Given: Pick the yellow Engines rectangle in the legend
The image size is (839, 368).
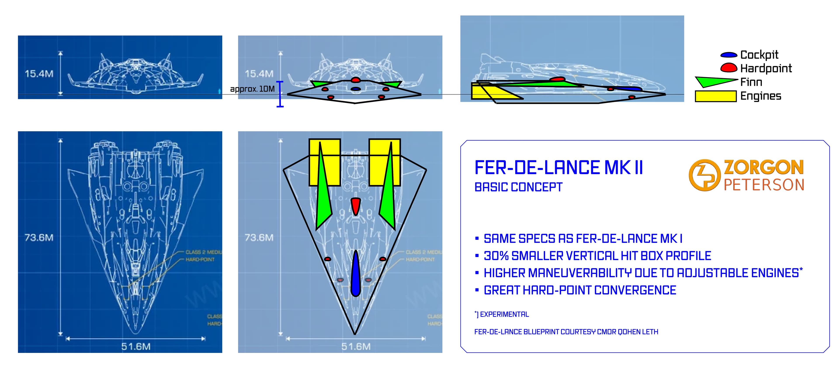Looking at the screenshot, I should click(x=715, y=96).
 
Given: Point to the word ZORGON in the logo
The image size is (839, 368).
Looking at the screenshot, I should click(x=763, y=167).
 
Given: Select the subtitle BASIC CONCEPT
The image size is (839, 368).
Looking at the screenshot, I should click(x=518, y=187).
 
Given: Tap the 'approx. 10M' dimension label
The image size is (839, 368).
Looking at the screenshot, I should click(x=252, y=89).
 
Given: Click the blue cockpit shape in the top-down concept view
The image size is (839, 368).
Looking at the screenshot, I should click(x=355, y=274).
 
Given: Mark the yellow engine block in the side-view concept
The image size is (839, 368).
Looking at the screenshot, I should click(x=489, y=92).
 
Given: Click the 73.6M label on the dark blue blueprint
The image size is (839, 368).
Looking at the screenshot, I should click(x=39, y=237).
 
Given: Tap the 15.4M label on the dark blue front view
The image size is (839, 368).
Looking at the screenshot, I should click(x=39, y=74).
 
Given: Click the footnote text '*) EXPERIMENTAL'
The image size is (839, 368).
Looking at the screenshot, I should click(x=502, y=314).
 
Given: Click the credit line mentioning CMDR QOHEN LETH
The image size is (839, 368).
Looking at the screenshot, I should click(x=566, y=332).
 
